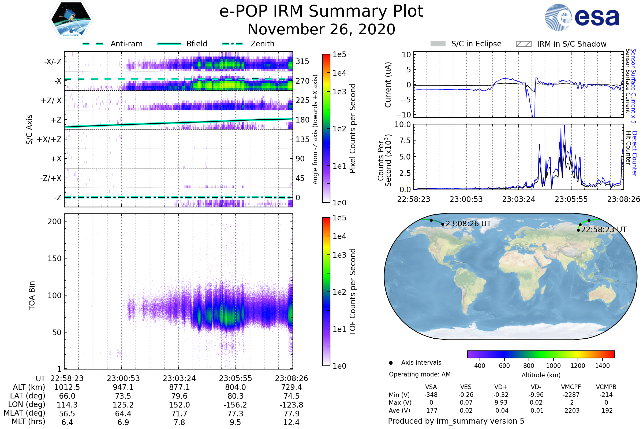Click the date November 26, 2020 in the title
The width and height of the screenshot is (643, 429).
click(321, 29)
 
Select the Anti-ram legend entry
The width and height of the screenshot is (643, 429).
click(126, 44)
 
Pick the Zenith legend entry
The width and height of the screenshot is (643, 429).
click(262, 44)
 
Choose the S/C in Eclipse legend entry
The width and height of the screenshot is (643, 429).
click(476, 44)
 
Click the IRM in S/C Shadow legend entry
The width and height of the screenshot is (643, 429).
click(571, 44)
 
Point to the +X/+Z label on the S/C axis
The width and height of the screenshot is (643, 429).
click(49, 139)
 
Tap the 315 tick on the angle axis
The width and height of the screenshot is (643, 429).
click(302, 61)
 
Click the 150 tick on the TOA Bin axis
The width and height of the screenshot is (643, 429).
click(54, 258)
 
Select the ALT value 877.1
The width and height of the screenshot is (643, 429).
click(179, 387)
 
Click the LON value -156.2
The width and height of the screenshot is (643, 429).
click(235, 405)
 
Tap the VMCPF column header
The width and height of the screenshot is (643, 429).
click(571, 387)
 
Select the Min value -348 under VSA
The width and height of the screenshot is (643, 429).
click(431, 395)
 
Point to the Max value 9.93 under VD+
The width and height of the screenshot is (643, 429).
click(501, 402)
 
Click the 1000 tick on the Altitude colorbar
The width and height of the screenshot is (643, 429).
click(553, 366)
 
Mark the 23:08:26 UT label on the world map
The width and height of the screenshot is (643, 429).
click(468, 224)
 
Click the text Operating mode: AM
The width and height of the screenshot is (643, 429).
click(420, 374)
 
